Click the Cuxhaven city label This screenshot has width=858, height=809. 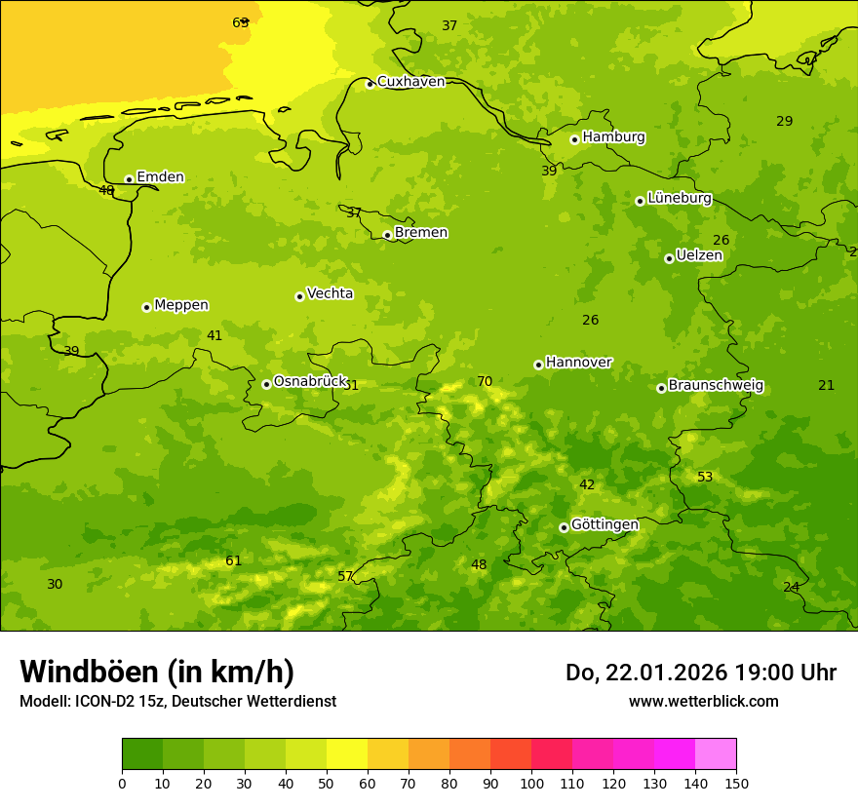point(410,82)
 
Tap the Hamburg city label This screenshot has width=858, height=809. point(613,137)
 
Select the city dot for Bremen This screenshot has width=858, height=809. point(387,235)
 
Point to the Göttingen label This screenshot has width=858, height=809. point(604,525)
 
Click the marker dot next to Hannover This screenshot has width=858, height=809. point(538,365)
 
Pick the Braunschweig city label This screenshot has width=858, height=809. point(716,386)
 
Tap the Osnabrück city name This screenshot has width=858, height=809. point(310,382)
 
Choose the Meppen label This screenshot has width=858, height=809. point(181,305)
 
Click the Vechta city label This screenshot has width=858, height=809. point(330,293)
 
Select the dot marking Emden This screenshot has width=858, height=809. point(129,179)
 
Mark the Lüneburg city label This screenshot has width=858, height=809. point(680,198)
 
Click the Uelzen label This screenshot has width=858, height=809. point(699,256)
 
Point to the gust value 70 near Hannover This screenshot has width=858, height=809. point(485,382)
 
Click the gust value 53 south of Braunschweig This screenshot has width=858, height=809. point(705,478)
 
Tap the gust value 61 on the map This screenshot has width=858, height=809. point(233,561)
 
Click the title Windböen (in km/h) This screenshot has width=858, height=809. point(157,672)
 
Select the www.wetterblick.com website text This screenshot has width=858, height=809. point(703,702)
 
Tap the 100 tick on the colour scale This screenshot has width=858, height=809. point(531,783)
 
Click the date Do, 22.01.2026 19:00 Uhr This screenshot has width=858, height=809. point(700,673)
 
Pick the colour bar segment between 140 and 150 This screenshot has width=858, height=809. point(716,754)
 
